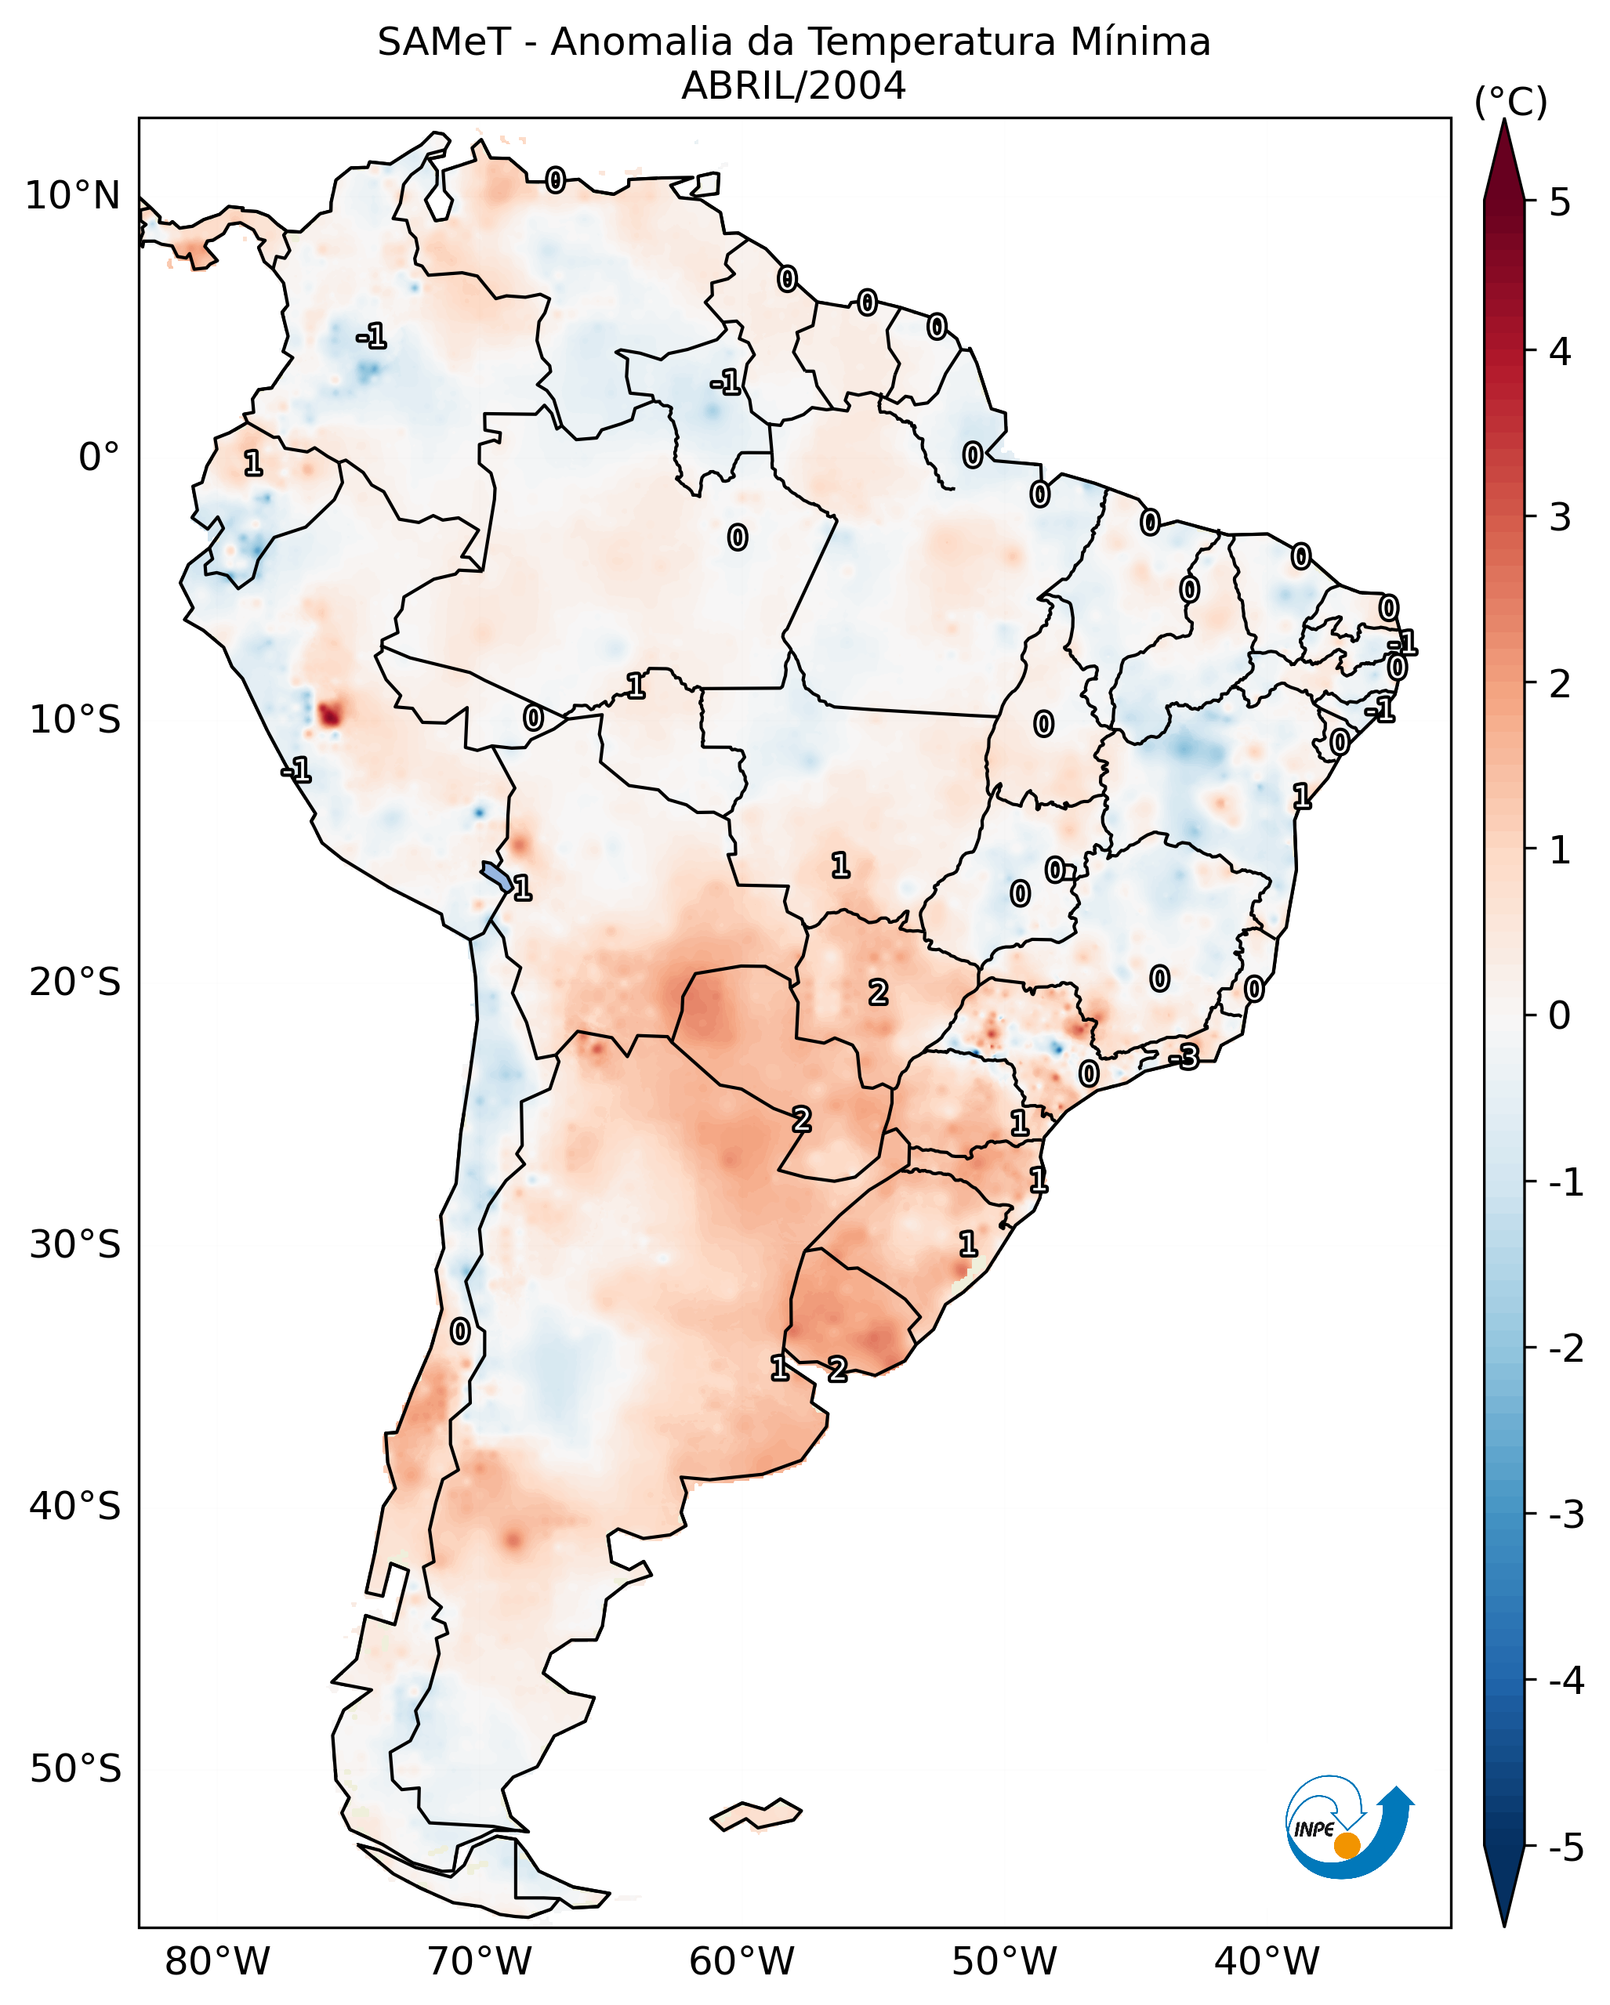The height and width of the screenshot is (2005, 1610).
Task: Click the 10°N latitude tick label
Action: [73, 196]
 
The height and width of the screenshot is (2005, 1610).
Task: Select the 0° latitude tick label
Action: [99, 458]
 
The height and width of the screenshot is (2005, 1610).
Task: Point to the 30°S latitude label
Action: [74, 1244]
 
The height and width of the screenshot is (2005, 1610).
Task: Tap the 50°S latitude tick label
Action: [74, 1769]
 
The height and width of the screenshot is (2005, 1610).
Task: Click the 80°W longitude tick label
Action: [216, 1961]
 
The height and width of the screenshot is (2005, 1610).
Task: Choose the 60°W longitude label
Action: [742, 1961]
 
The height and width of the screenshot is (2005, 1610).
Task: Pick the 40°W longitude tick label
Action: [1266, 1961]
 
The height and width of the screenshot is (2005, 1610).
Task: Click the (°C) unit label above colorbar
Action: [1510, 103]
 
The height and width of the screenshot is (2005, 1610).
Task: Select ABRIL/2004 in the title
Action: [793, 86]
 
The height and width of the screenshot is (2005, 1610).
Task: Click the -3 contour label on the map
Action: [1184, 1058]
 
